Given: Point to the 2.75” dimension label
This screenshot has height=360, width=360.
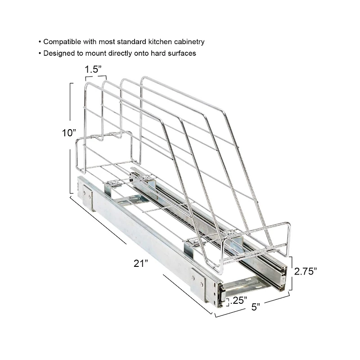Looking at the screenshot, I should pos(306,271).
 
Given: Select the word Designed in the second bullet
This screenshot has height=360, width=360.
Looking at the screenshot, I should pos(58,53).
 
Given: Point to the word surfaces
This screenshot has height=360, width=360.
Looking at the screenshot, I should pos(181,53).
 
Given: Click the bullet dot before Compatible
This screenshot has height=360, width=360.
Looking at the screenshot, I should pos(40,42).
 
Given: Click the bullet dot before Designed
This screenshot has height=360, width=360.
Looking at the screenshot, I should pos(40,54).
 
